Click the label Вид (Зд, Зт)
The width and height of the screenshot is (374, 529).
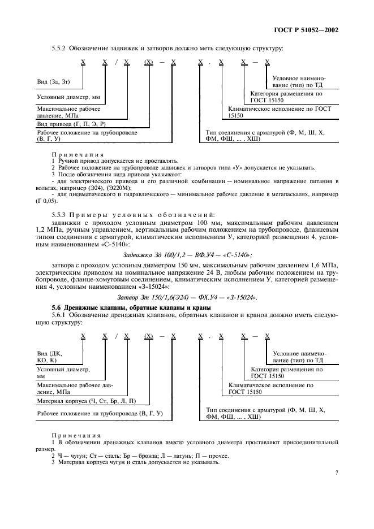[54, 83]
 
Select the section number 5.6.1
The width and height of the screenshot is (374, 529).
[59, 314]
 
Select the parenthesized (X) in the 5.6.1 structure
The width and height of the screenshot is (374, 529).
[149, 336]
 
